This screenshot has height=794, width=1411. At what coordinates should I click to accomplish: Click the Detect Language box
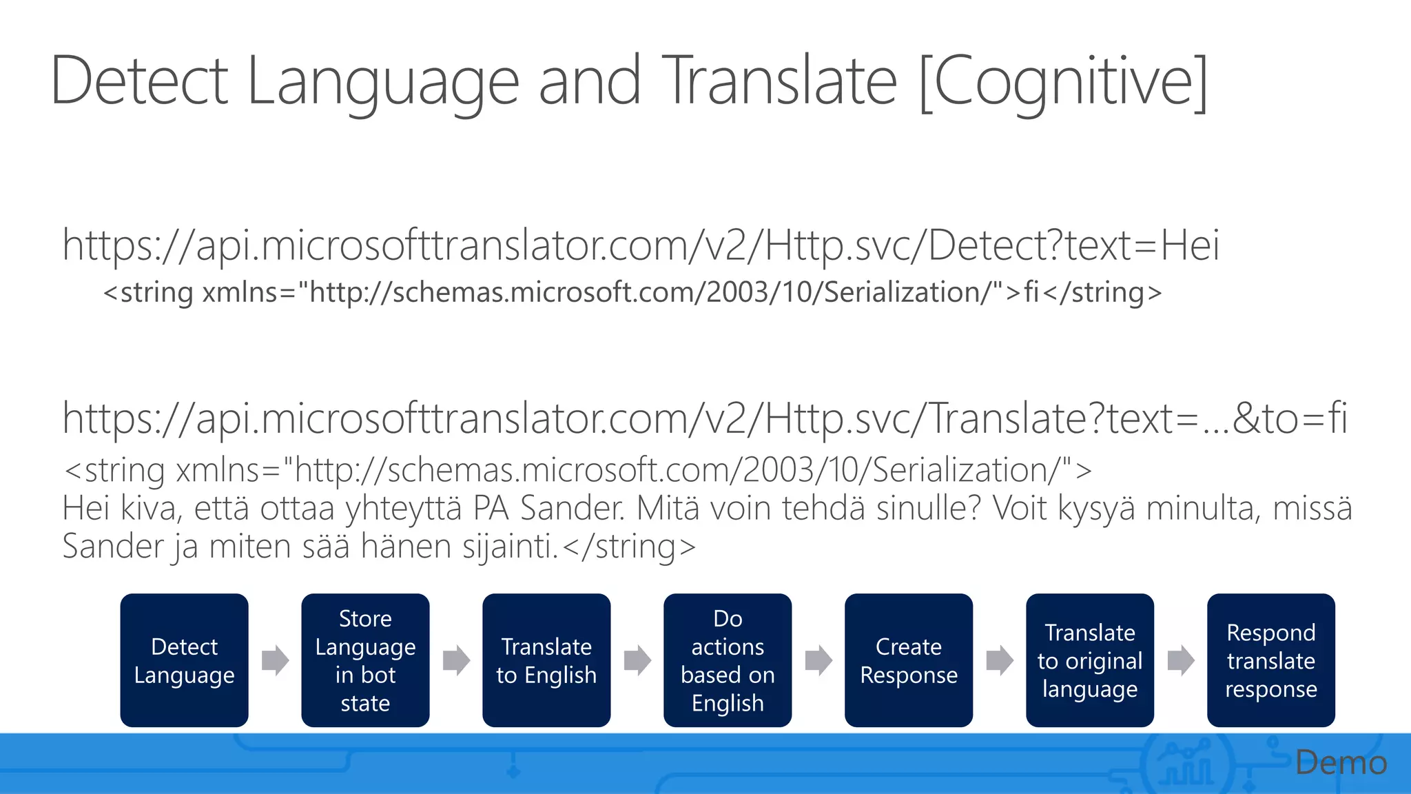coord(184,660)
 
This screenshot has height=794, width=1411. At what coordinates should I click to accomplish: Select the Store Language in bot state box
coord(365,660)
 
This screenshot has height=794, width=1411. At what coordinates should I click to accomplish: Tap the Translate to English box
coord(546,660)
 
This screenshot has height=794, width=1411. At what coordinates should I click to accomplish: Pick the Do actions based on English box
coord(728,660)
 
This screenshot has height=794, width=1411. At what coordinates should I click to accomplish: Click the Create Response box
coord(909,660)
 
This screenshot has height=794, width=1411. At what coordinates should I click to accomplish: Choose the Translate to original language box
coord(1090,660)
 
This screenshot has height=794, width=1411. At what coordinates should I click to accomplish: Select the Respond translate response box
coord(1271,660)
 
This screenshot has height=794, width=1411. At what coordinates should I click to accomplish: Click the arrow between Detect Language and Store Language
coord(275,660)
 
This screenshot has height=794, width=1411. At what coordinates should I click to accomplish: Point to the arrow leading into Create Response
coord(818,660)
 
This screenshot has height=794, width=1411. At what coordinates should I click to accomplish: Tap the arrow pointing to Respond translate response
coord(1181,660)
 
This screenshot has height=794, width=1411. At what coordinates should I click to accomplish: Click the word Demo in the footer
coord(1341,763)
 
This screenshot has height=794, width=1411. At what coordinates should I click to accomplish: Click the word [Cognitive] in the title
coord(1064,81)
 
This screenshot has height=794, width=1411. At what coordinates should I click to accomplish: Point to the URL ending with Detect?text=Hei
coord(641,245)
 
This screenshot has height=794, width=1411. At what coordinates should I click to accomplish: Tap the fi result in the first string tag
coord(1031,292)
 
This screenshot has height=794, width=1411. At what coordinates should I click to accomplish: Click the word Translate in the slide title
coord(779,81)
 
